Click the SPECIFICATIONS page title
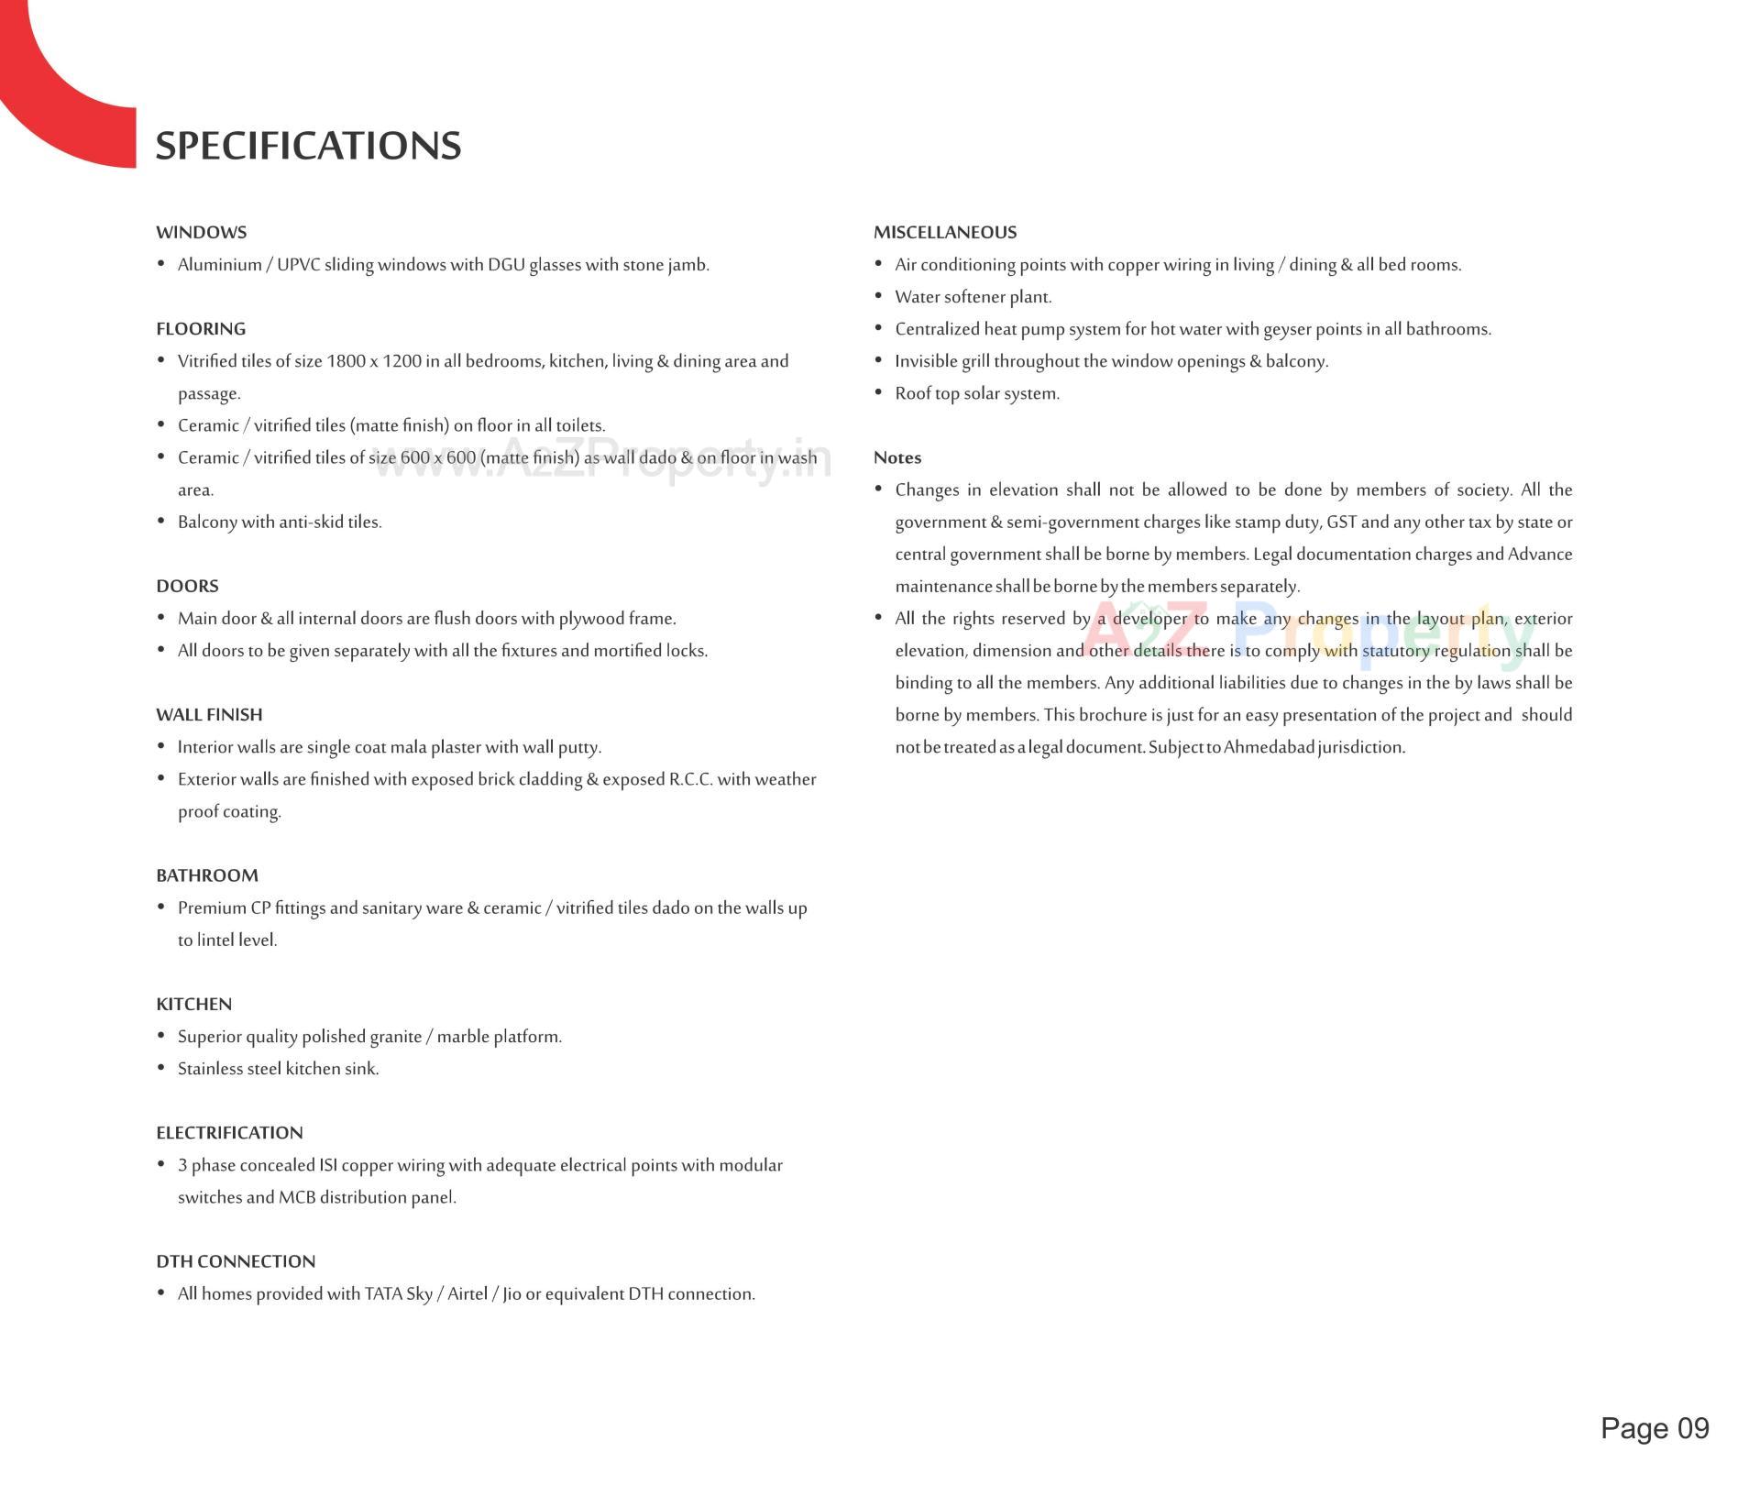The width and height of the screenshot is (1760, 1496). [x=308, y=146]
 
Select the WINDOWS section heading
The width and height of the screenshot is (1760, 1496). [x=201, y=233]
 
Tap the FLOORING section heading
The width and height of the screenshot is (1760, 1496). [x=201, y=329]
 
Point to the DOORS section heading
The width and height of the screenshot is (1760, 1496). [x=187, y=587]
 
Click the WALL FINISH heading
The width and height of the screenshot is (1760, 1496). [x=209, y=715]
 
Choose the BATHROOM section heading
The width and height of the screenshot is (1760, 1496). [x=207, y=876]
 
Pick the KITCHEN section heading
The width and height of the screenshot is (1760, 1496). [x=193, y=1005]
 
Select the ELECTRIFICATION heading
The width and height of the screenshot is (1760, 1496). [x=229, y=1133]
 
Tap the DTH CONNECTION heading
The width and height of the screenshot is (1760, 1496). [x=236, y=1262]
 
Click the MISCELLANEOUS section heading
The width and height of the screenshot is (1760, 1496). [x=945, y=233]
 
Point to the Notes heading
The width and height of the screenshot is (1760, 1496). [x=897, y=458]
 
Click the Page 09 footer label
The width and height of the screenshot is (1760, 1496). [x=1655, y=1428]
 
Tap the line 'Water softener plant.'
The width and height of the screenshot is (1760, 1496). [x=973, y=298]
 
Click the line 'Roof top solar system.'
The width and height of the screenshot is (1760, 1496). [x=977, y=394]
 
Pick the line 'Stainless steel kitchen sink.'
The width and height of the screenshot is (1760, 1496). [x=278, y=1070]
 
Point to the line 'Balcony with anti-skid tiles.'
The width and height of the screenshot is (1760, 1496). [x=280, y=522]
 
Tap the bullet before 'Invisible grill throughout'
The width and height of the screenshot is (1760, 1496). [x=878, y=361]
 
